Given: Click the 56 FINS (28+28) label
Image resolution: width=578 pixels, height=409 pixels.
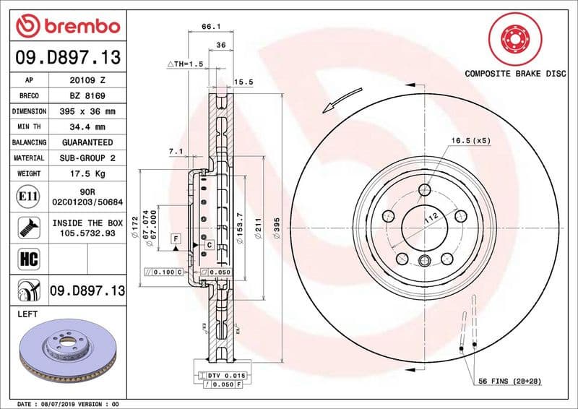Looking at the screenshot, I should click(x=509, y=381).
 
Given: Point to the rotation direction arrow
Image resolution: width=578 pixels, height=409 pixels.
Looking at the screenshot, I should click(x=342, y=99).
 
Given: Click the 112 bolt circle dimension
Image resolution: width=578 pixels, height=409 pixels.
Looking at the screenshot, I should click(x=431, y=219).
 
